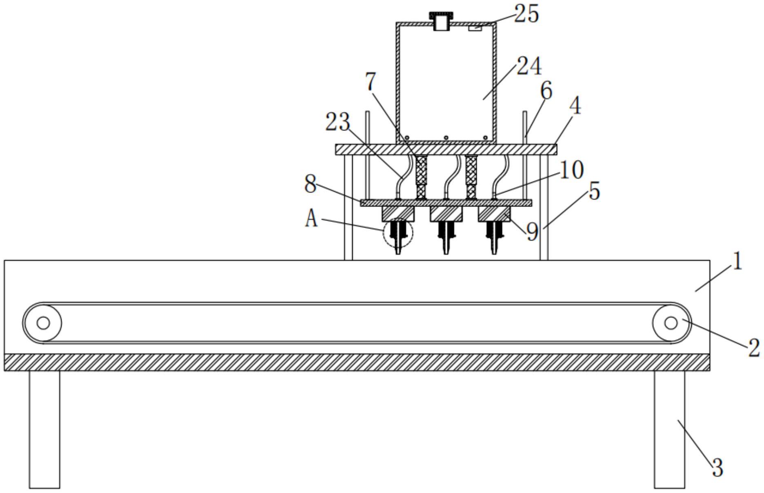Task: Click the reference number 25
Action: click(x=526, y=14)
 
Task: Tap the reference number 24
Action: click(x=529, y=66)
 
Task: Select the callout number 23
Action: click(x=338, y=122)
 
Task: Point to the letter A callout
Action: click(x=311, y=219)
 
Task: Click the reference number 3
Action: click(x=717, y=467)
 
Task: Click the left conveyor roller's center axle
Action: click(x=43, y=323)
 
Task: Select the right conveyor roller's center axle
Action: click(x=671, y=323)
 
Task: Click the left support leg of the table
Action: click(x=44, y=429)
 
